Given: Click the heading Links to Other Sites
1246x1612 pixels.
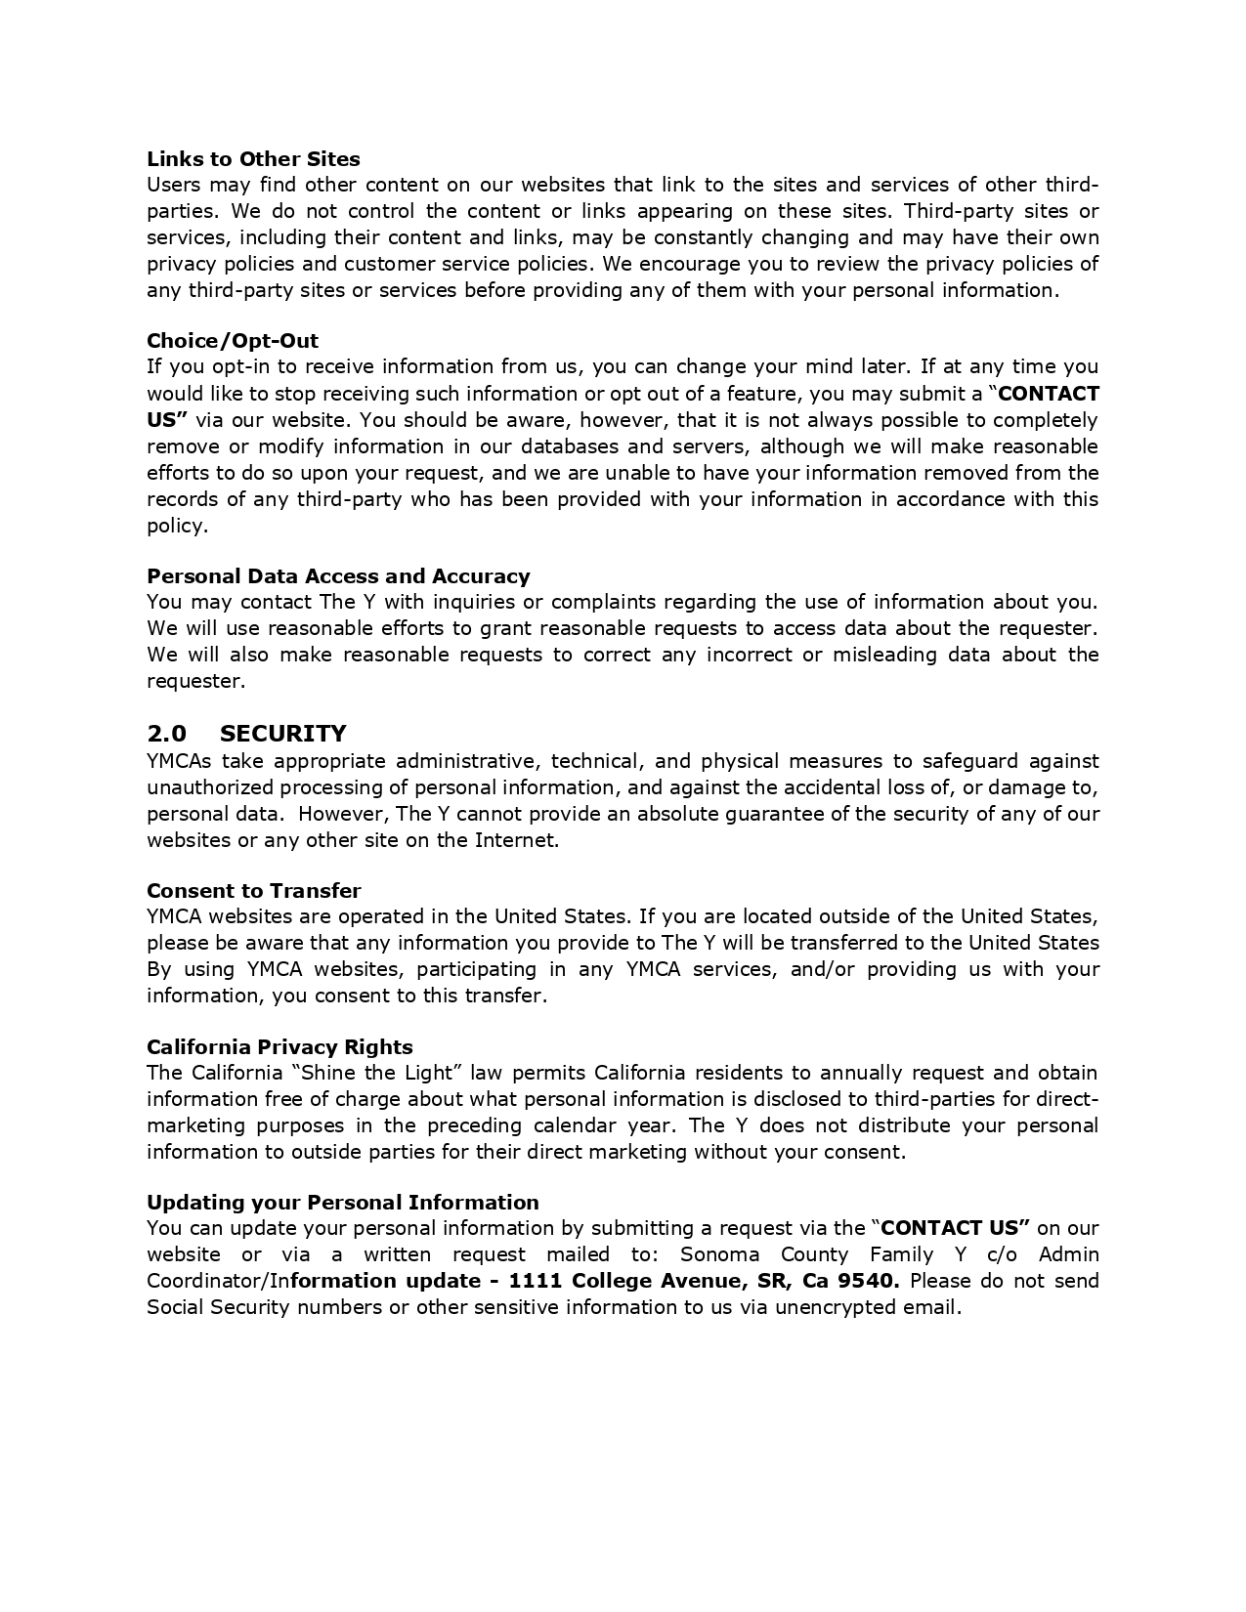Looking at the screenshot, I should tap(253, 159).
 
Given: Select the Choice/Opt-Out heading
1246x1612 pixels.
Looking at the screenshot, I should tap(233, 341).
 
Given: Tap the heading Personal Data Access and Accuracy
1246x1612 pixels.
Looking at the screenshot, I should tap(338, 576).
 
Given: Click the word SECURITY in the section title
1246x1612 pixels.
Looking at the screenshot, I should tap(283, 734).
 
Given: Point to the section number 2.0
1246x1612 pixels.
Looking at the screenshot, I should tap(166, 734).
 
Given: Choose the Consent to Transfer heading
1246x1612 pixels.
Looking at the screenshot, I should tap(254, 891).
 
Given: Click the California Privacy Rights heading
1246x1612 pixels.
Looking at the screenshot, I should tap(279, 1047).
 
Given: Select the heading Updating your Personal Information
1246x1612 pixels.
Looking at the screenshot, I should tap(343, 1203).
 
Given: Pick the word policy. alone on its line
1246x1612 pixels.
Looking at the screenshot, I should tap(177, 526).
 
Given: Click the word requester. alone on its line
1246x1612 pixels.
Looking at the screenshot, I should tap(196, 681).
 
